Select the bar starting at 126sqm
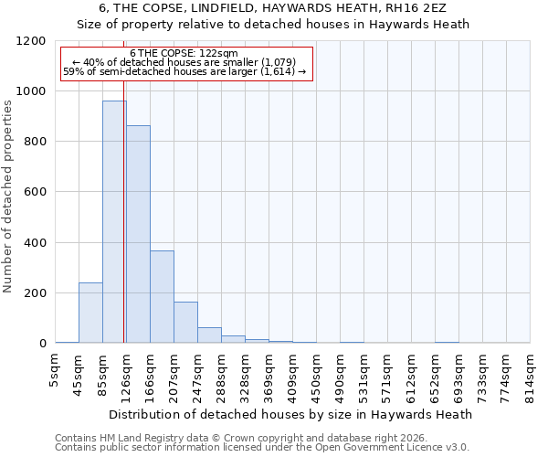(x=138, y=234)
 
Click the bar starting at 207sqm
(x=185, y=322)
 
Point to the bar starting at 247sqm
(x=209, y=335)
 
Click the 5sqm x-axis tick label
(x=56, y=371)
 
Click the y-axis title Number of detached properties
(x=8, y=196)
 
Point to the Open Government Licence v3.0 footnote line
(x=262, y=448)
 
